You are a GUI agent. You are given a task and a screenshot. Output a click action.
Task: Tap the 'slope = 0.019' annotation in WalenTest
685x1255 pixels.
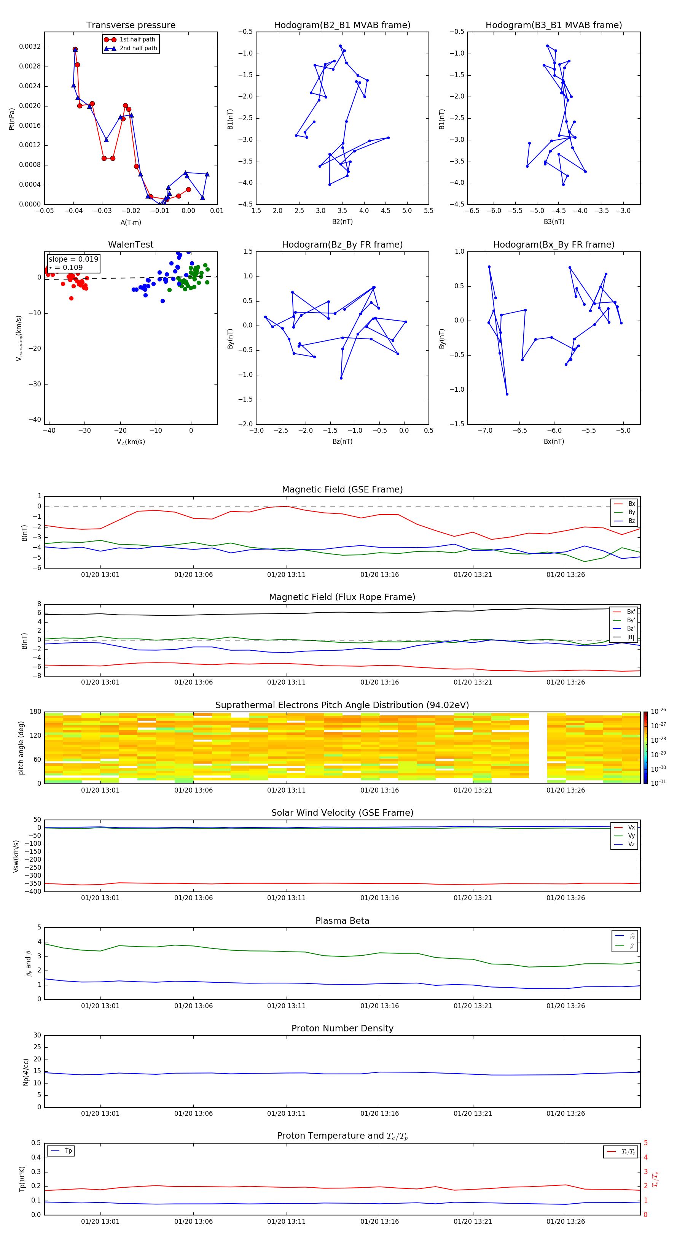tap(73, 259)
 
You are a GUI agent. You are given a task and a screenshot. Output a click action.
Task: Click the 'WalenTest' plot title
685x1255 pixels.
tap(131, 245)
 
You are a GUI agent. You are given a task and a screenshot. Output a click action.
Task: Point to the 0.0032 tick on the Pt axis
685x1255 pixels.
tap(30, 47)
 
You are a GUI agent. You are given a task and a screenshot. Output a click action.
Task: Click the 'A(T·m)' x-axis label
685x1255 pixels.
tap(131, 222)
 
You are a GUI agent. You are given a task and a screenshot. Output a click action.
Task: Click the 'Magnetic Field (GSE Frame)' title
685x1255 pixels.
tap(342, 489)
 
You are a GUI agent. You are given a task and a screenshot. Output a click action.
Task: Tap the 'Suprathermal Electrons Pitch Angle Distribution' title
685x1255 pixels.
tap(342, 705)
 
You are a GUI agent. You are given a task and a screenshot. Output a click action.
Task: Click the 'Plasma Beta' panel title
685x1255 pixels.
tap(342, 921)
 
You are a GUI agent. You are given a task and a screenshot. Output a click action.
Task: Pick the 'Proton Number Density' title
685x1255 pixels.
tap(342, 1028)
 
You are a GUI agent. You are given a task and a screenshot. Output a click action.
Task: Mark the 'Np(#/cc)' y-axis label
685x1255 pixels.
tap(26, 1072)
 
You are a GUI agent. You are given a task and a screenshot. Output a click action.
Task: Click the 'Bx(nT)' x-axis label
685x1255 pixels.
tap(553, 442)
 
